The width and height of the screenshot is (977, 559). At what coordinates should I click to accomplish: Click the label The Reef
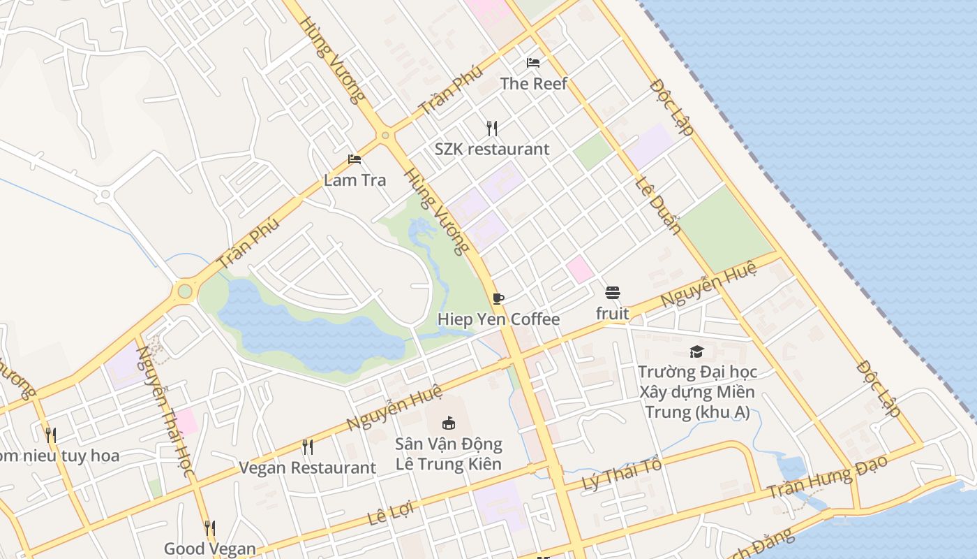pyautogui.click(x=533, y=84)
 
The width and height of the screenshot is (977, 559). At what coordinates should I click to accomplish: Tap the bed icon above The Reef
pyautogui.click(x=533, y=63)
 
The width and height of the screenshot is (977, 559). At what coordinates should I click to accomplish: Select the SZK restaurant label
pyautogui.click(x=492, y=149)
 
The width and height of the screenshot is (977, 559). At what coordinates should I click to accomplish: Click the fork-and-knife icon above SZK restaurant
pyautogui.click(x=492, y=128)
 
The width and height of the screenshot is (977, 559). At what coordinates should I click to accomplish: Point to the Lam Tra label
pyautogui.click(x=355, y=180)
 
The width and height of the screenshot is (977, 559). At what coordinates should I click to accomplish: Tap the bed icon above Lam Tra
pyautogui.click(x=355, y=159)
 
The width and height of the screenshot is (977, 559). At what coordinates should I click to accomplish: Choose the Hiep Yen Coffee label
pyautogui.click(x=498, y=319)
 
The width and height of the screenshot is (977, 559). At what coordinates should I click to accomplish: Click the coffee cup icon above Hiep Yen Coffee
pyautogui.click(x=498, y=299)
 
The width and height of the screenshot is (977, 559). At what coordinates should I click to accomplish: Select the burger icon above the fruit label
pyautogui.click(x=613, y=293)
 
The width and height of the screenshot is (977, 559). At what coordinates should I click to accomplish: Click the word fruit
pyautogui.click(x=613, y=314)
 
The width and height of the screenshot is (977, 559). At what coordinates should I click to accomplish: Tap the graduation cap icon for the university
pyautogui.click(x=696, y=351)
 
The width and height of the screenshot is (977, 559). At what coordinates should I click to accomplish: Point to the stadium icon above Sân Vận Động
pyautogui.click(x=449, y=423)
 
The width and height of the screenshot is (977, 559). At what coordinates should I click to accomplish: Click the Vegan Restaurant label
pyautogui.click(x=307, y=467)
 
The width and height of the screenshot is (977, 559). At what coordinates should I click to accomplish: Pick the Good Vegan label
pyautogui.click(x=210, y=549)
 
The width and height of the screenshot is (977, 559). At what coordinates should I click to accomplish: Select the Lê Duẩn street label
pyautogui.click(x=658, y=205)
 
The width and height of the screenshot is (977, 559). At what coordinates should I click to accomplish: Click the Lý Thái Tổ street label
pyautogui.click(x=622, y=475)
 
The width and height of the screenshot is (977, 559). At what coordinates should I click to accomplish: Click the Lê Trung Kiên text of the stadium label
pyautogui.click(x=449, y=463)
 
